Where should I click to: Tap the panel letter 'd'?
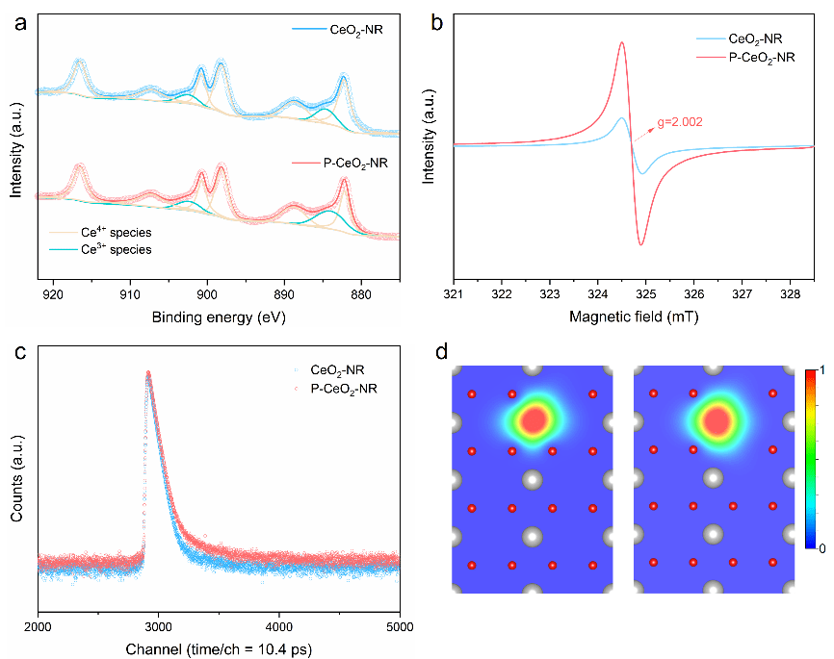pyautogui.click(x=441, y=352)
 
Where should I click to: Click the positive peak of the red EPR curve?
pyautogui.click(x=622, y=42)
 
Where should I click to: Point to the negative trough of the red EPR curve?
pyautogui.click(x=641, y=244)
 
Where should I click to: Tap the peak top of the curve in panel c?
pyautogui.click(x=147, y=373)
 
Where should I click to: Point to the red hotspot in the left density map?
pyautogui.click(x=533, y=418)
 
